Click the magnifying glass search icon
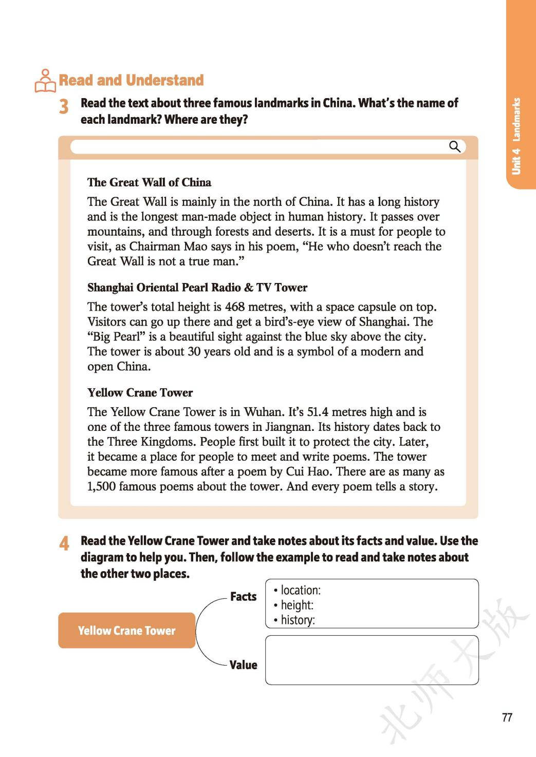click(x=455, y=147)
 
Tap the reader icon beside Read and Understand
click(x=45, y=81)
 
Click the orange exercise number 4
click(x=64, y=543)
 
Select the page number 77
click(x=507, y=717)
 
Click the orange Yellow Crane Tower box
click(x=126, y=630)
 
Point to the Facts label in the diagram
click(x=243, y=597)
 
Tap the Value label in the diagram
click(x=243, y=665)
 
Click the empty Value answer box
click(x=372, y=660)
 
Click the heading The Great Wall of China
click(x=149, y=182)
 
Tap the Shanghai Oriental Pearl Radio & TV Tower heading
click(x=197, y=288)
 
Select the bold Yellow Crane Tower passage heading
click(x=140, y=393)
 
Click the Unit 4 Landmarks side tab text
click(x=516, y=136)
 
